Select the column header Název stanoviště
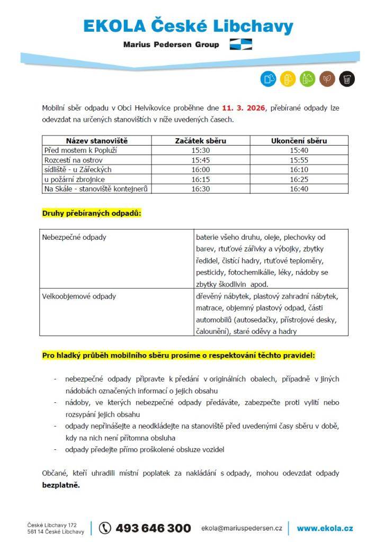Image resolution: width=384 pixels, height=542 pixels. (x=97, y=141)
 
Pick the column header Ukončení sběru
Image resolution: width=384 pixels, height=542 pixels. (x=299, y=141)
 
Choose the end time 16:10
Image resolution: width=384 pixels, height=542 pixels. (x=299, y=169)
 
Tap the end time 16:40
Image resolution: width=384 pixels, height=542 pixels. (x=299, y=188)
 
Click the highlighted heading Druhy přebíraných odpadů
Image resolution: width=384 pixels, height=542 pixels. (x=92, y=213)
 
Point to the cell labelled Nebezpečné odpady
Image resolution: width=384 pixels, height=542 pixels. (x=74, y=237)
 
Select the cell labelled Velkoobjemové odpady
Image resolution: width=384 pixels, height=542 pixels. (x=79, y=296)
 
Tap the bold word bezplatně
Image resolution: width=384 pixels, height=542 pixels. (x=61, y=485)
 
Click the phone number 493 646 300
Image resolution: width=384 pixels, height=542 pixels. (x=153, y=528)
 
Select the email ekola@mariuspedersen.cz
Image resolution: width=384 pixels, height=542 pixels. (x=242, y=528)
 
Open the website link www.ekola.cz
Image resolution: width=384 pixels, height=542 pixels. (x=325, y=528)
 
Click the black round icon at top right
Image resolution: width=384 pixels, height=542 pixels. (x=347, y=79)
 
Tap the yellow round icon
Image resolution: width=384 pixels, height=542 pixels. (x=288, y=79)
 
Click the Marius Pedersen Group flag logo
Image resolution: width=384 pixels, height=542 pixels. (x=241, y=44)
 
